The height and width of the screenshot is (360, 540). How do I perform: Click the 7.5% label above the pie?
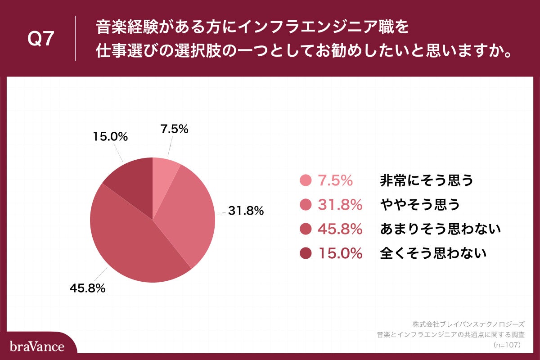[x=174, y=129]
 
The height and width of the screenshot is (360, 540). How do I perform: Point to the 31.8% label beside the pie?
[x=245, y=210]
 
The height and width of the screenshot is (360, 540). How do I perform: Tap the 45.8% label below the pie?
[x=87, y=288]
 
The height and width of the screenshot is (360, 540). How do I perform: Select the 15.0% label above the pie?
[x=110, y=136]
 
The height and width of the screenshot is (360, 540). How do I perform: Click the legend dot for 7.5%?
[x=306, y=180]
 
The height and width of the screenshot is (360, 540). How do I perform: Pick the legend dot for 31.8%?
[x=306, y=205]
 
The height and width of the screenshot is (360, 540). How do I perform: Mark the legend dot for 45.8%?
[x=306, y=229]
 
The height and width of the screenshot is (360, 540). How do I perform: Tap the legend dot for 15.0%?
[x=306, y=254]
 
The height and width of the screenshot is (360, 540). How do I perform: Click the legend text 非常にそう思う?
[x=427, y=180]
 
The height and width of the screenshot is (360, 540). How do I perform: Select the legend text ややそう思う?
[x=420, y=205]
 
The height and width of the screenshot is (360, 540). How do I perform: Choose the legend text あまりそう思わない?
[x=440, y=229]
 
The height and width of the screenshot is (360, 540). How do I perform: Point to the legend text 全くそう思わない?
[x=433, y=254]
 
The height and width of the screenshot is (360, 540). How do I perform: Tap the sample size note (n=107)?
[x=507, y=345]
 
